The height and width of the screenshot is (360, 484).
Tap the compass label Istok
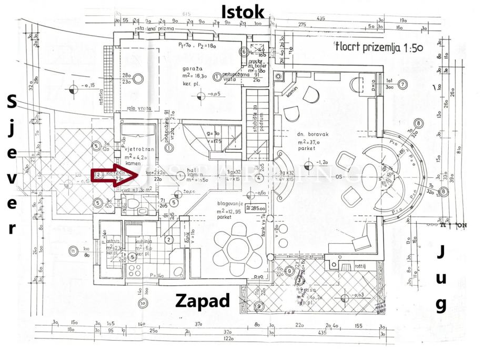pos(243,11)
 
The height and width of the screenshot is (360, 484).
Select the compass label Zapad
pos(203,301)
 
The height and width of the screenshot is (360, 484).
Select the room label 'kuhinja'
pos(145,241)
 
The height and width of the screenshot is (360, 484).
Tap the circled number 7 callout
pos(402,84)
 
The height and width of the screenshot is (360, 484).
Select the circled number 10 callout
pos(142,303)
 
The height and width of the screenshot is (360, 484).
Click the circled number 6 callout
pos(243,52)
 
